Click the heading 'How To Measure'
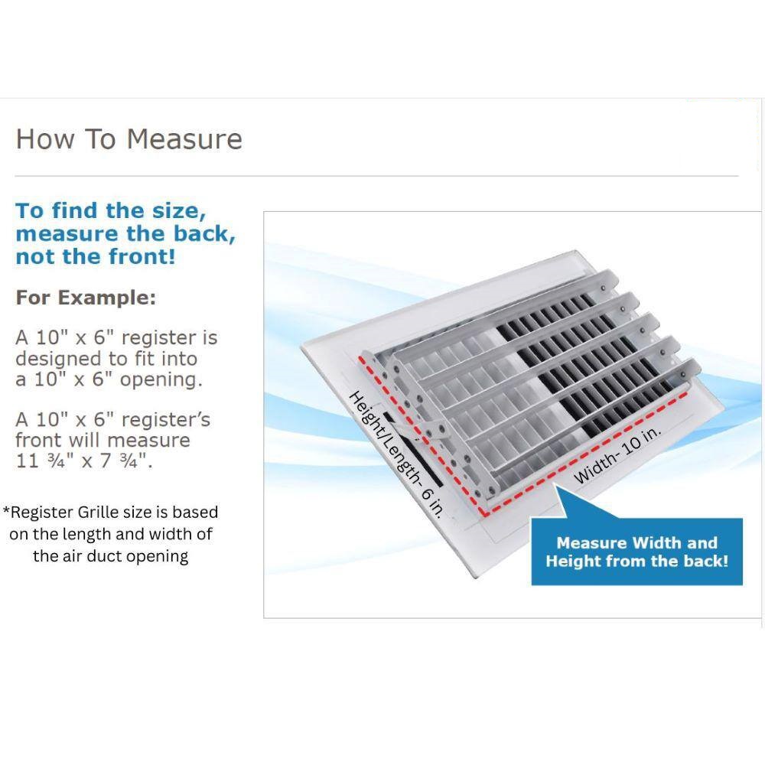coord(129,139)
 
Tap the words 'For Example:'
coord(86,298)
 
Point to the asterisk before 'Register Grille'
coord(6,510)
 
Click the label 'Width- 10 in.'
coord(617,455)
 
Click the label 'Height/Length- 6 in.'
coord(396,454)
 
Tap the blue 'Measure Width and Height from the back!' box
coord(636,552)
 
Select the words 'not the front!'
coord(96,256)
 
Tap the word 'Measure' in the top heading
coord(184,139)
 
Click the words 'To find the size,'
coord(111,211)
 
